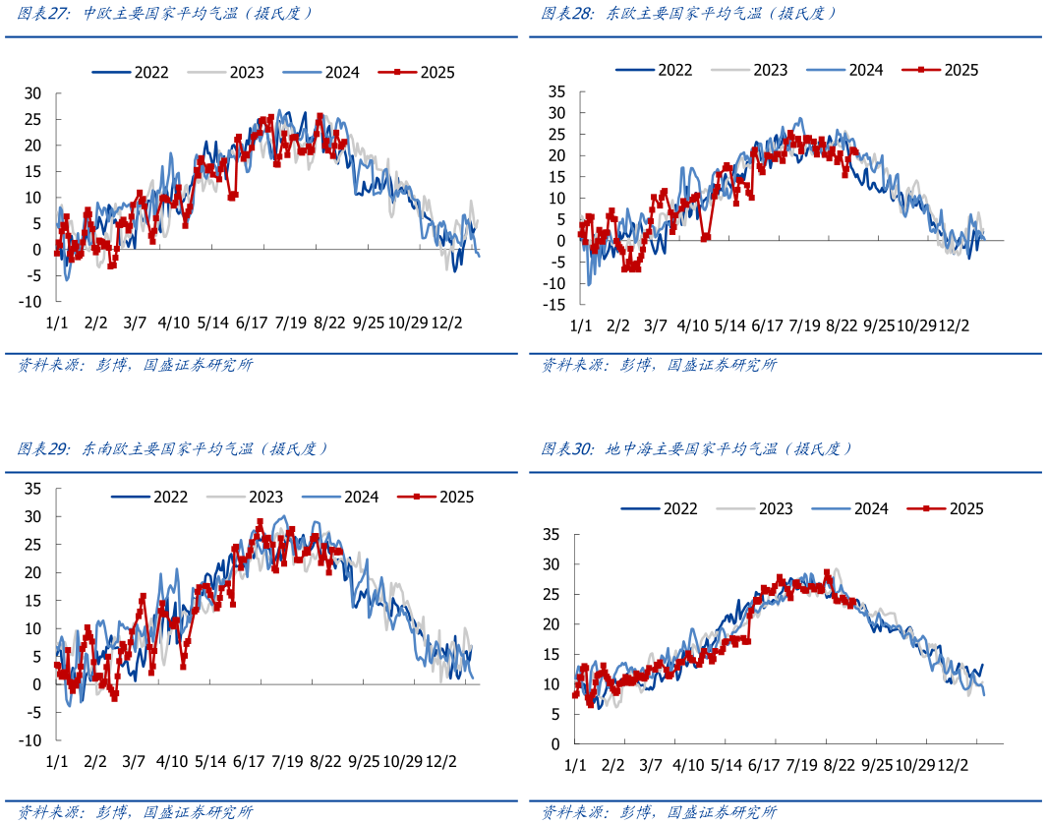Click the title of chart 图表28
click(x=688, y=14)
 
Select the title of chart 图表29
click(x=172, y=448)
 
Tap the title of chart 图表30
click(x=696, y=448)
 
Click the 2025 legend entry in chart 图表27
click(x=425, y=72)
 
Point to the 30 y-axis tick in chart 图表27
click(x=33, y=93)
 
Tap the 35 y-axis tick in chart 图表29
click(x=32, y=489)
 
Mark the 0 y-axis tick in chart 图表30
click(x=554, y=744)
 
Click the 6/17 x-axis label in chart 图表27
click(x=252, y=323)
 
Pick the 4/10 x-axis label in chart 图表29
click(x=172, y=761)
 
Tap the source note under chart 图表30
click(x=659, y=812)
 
